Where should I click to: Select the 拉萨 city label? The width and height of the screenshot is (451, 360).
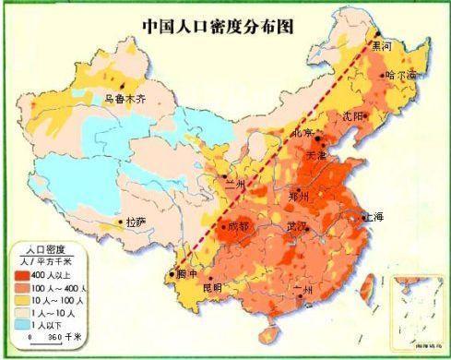click(x=136, y=222)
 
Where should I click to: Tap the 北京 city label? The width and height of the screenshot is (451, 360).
click(x=304, y=134)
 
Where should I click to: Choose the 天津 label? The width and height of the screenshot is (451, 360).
click(x=316, y=154)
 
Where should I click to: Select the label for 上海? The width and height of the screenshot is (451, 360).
click(x=374, y=218)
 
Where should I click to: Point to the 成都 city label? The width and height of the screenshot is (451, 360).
click(x=238, y=225)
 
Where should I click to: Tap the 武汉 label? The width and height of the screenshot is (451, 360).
click(x=297, y=226)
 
